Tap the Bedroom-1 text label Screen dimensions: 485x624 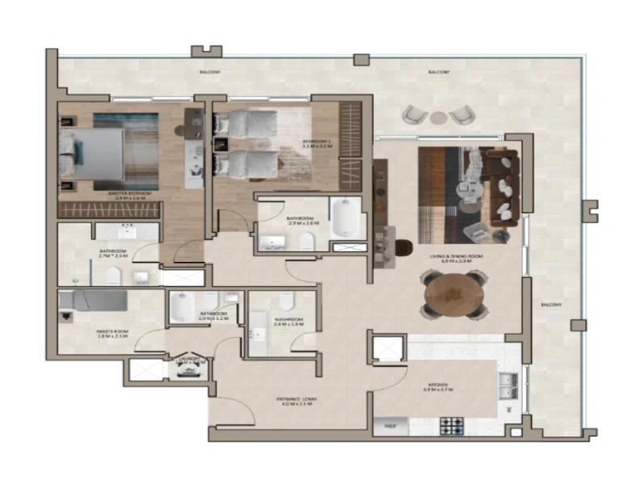click(317, 141)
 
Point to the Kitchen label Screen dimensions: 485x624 click(438, 385)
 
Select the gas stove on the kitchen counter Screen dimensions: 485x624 click(451, 425)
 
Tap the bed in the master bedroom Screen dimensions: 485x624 click(93, 154)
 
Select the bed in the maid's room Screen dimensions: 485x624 click(94, 301)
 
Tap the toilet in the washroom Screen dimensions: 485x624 click(286, 302)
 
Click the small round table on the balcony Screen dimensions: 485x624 click(438, 117)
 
